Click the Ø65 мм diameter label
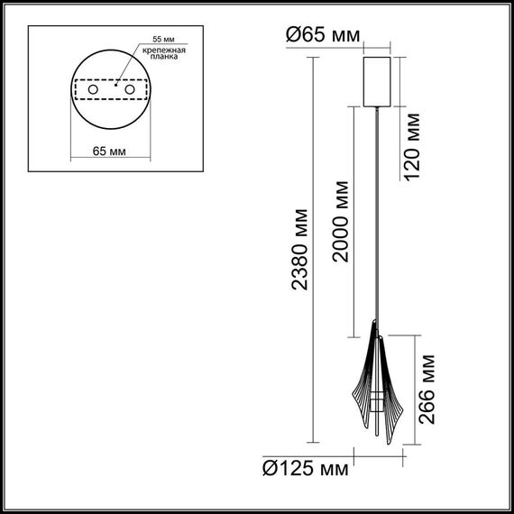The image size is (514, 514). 322,35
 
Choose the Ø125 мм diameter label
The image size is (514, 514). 305,469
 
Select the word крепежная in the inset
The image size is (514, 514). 168,52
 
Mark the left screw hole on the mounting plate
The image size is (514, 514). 93,91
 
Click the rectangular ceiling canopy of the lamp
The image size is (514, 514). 377,81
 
